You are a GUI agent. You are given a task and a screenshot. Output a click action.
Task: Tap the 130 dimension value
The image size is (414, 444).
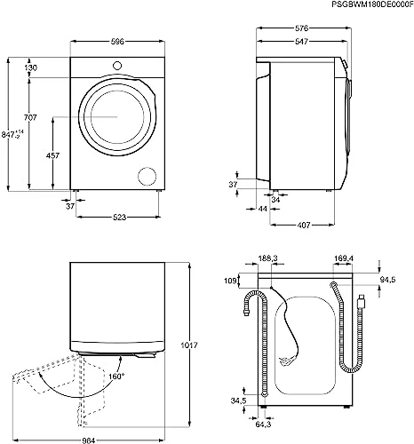[31, 69]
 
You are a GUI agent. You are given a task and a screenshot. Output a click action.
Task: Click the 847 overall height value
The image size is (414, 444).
[11, 134]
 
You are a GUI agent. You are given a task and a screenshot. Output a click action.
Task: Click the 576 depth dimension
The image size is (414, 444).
[302, 28]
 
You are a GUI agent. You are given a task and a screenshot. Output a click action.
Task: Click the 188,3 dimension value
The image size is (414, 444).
[267, 259]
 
